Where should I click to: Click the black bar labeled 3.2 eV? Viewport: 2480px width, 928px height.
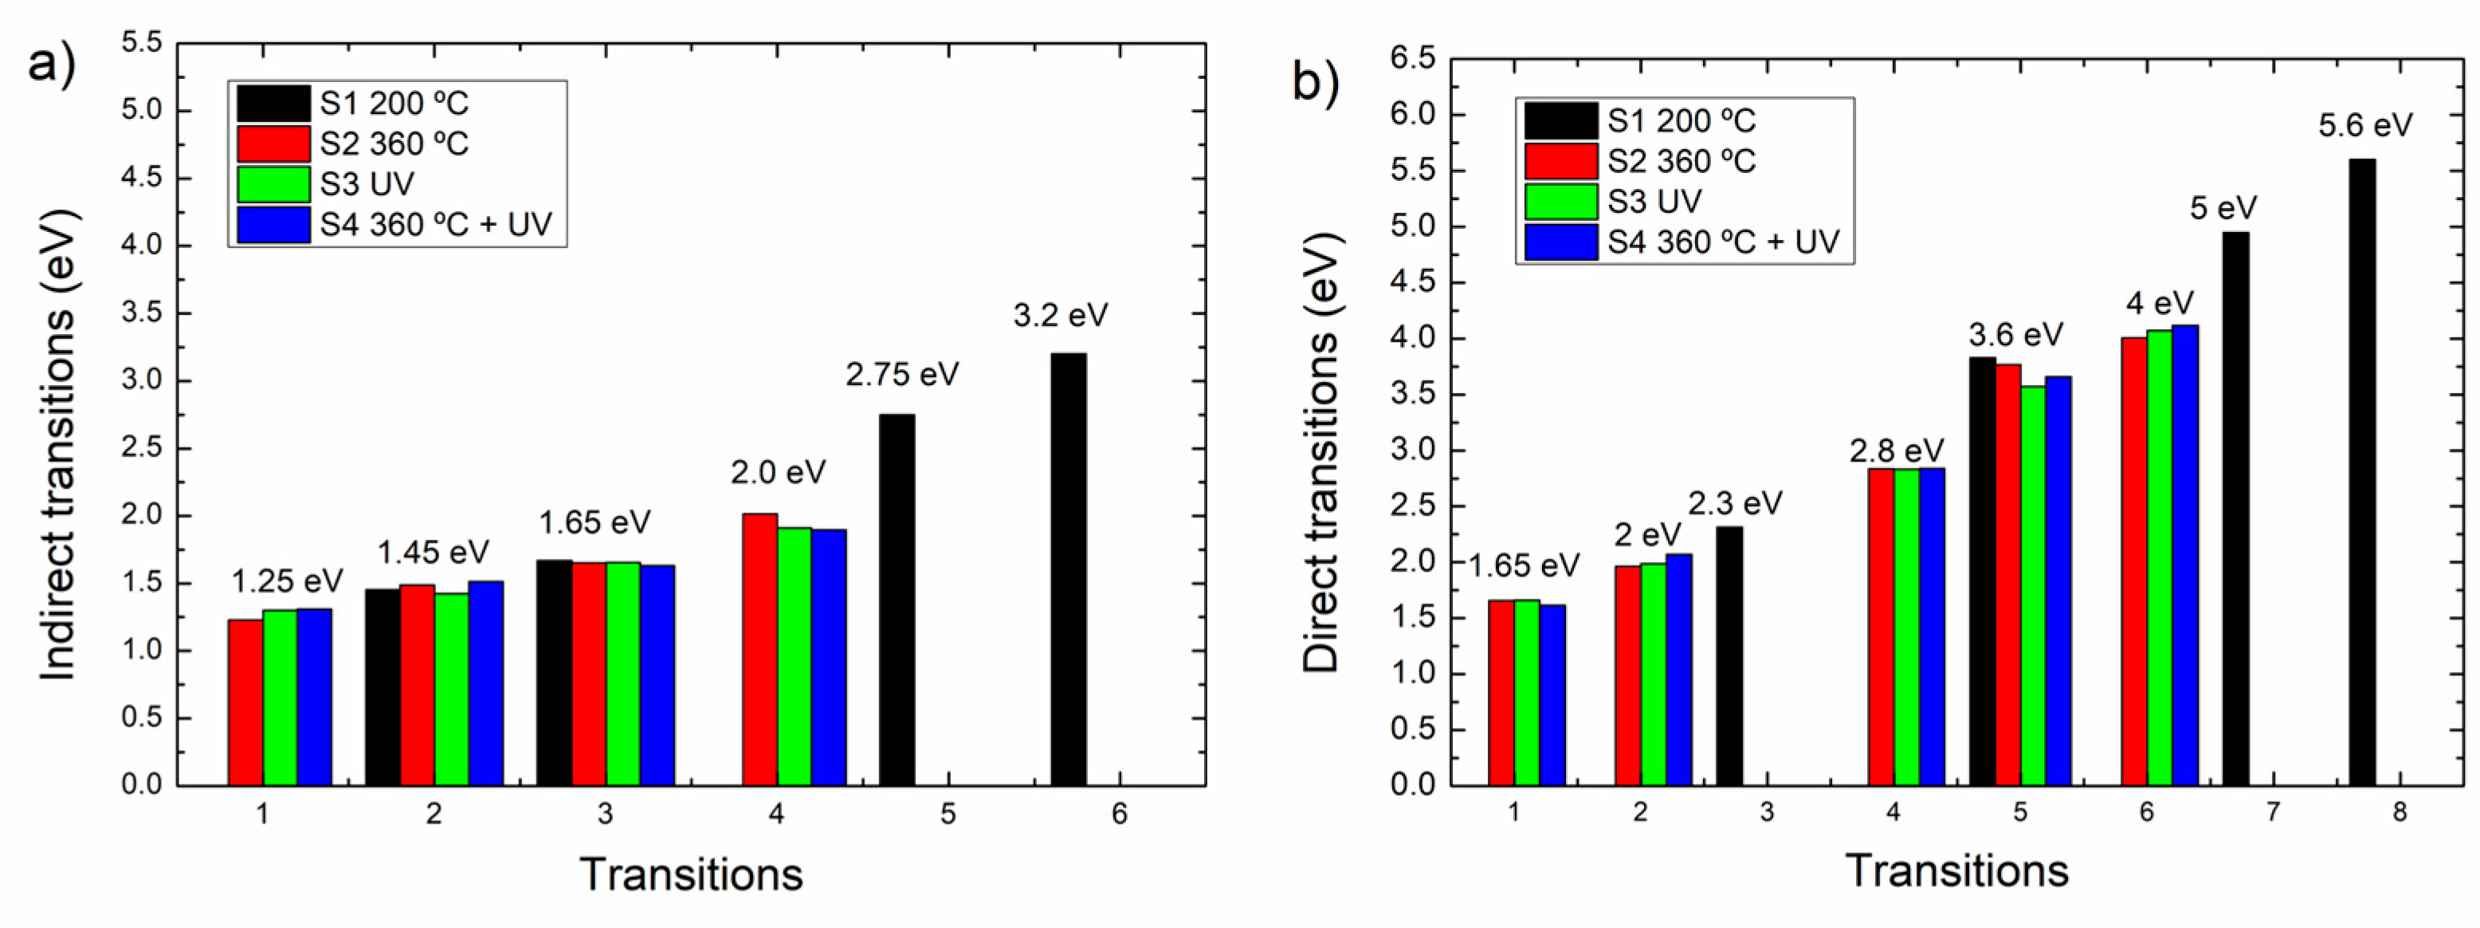(x=1068, y=568)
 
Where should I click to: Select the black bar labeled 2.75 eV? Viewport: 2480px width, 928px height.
(x=897, y=599)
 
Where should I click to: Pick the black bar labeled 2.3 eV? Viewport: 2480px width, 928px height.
(x=1729, y=655)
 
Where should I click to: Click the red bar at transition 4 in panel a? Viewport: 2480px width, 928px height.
(x=759, y=649)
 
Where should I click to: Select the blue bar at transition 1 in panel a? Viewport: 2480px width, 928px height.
(x=314, y=697)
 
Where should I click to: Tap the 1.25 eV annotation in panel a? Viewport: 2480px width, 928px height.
(x=287, y=581)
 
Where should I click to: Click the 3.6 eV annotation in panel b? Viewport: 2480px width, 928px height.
(x=2016, y=335)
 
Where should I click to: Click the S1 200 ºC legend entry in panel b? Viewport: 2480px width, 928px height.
(x=1641, y=121)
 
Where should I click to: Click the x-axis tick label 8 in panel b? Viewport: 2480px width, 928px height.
(x=2400, y=812)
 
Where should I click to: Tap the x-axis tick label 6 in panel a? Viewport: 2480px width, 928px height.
(x=1119, y=815)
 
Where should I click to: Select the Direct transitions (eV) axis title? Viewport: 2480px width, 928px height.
(x=1320, y=450)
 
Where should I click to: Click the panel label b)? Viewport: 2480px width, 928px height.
(x=1315, y=83)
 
